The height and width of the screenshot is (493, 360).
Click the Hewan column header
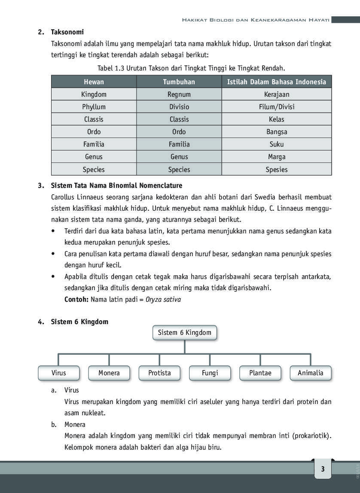click(x=94, y=82)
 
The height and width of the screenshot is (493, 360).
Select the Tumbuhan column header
click(x=179, y=82)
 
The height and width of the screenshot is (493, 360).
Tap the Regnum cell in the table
click(x=179, y=94)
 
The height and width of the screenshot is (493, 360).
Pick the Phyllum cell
click(x=94, y=107)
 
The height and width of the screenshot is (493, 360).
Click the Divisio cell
click(x=179, y=107)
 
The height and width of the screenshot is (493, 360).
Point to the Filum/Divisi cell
click(x=276, y=107)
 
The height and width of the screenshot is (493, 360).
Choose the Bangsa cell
click(x=276, y=132)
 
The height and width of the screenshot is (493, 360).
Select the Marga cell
click(x=276, y=157)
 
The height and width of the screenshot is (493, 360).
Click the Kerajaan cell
click(x=276, y=94)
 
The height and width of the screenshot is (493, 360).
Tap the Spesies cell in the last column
click(x=276, y=169)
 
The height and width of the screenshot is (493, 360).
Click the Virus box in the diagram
click(x=59, y=373)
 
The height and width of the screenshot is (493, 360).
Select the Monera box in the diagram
click(x=109, y=373)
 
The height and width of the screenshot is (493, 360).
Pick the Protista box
click(x=159, y=373)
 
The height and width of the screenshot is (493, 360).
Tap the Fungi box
click(x=210, y=373)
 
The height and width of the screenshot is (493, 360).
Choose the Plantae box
click(x=260, y=373)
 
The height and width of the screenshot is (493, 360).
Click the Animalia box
click(x=311, y=373)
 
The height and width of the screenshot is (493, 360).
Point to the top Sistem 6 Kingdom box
click(x=185, y=333)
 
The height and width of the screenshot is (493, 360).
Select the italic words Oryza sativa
click(x=163, y=299)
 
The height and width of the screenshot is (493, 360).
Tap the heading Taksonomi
click(x=67, y=32)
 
